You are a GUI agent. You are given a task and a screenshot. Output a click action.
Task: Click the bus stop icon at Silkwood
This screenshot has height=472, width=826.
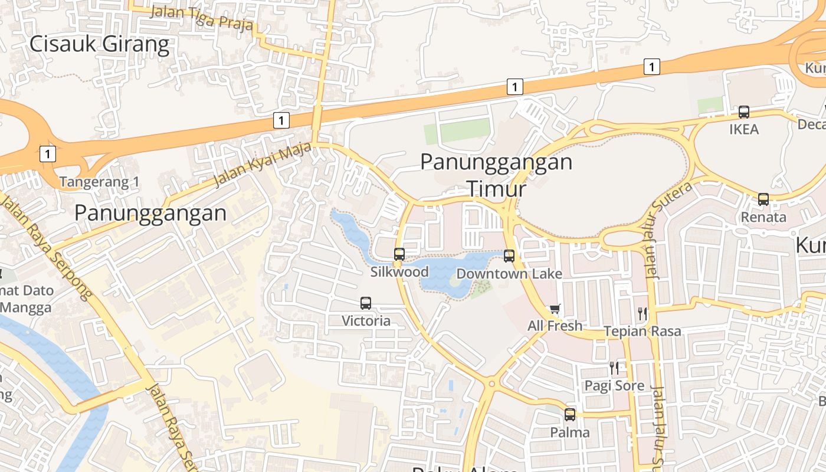(x=399, y=254)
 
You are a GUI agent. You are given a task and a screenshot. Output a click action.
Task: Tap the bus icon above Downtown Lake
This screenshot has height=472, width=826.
(x=509, y=256)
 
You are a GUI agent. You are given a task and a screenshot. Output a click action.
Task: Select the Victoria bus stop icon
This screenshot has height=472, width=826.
(x=366, y=303)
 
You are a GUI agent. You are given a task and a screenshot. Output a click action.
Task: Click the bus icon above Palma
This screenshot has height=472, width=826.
(x=570, y=415)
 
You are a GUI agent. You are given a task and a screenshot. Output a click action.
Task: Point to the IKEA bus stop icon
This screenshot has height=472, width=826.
(x=744, y=112)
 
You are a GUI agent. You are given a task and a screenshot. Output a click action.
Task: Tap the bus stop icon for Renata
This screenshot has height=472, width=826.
(x=763, y=199)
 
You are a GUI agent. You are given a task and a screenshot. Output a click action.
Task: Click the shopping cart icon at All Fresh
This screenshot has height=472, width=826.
(x=555, y=309)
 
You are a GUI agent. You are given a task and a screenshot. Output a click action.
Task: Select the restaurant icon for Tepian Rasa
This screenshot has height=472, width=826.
(x=643, y=314)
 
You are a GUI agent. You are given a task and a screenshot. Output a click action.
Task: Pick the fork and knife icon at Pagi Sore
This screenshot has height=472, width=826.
(x=614, y=368)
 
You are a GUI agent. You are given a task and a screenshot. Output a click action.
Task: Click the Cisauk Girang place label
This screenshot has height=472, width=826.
(x=99, y=44)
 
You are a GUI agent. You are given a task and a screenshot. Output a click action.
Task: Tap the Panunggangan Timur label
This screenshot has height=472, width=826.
(x=496, y=175)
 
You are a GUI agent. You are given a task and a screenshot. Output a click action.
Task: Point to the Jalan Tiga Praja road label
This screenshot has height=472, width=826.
(x=202, y=18)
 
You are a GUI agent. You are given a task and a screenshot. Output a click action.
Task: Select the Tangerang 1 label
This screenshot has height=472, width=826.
(x=99, y=182)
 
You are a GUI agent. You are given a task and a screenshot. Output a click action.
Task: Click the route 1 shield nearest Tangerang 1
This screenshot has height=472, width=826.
(x=48, y=155)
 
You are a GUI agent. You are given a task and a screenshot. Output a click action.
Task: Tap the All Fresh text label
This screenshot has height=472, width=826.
(x=555, y=326)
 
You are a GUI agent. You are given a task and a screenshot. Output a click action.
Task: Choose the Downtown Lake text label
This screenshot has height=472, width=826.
(x=509, y=274)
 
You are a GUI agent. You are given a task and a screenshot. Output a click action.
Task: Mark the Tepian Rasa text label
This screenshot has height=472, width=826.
(x=643, y=332)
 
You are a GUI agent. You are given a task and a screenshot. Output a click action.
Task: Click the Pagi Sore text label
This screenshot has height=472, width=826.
(x=614, y=386)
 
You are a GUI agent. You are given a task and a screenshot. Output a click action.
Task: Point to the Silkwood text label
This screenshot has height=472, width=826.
(x=399, y=272)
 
